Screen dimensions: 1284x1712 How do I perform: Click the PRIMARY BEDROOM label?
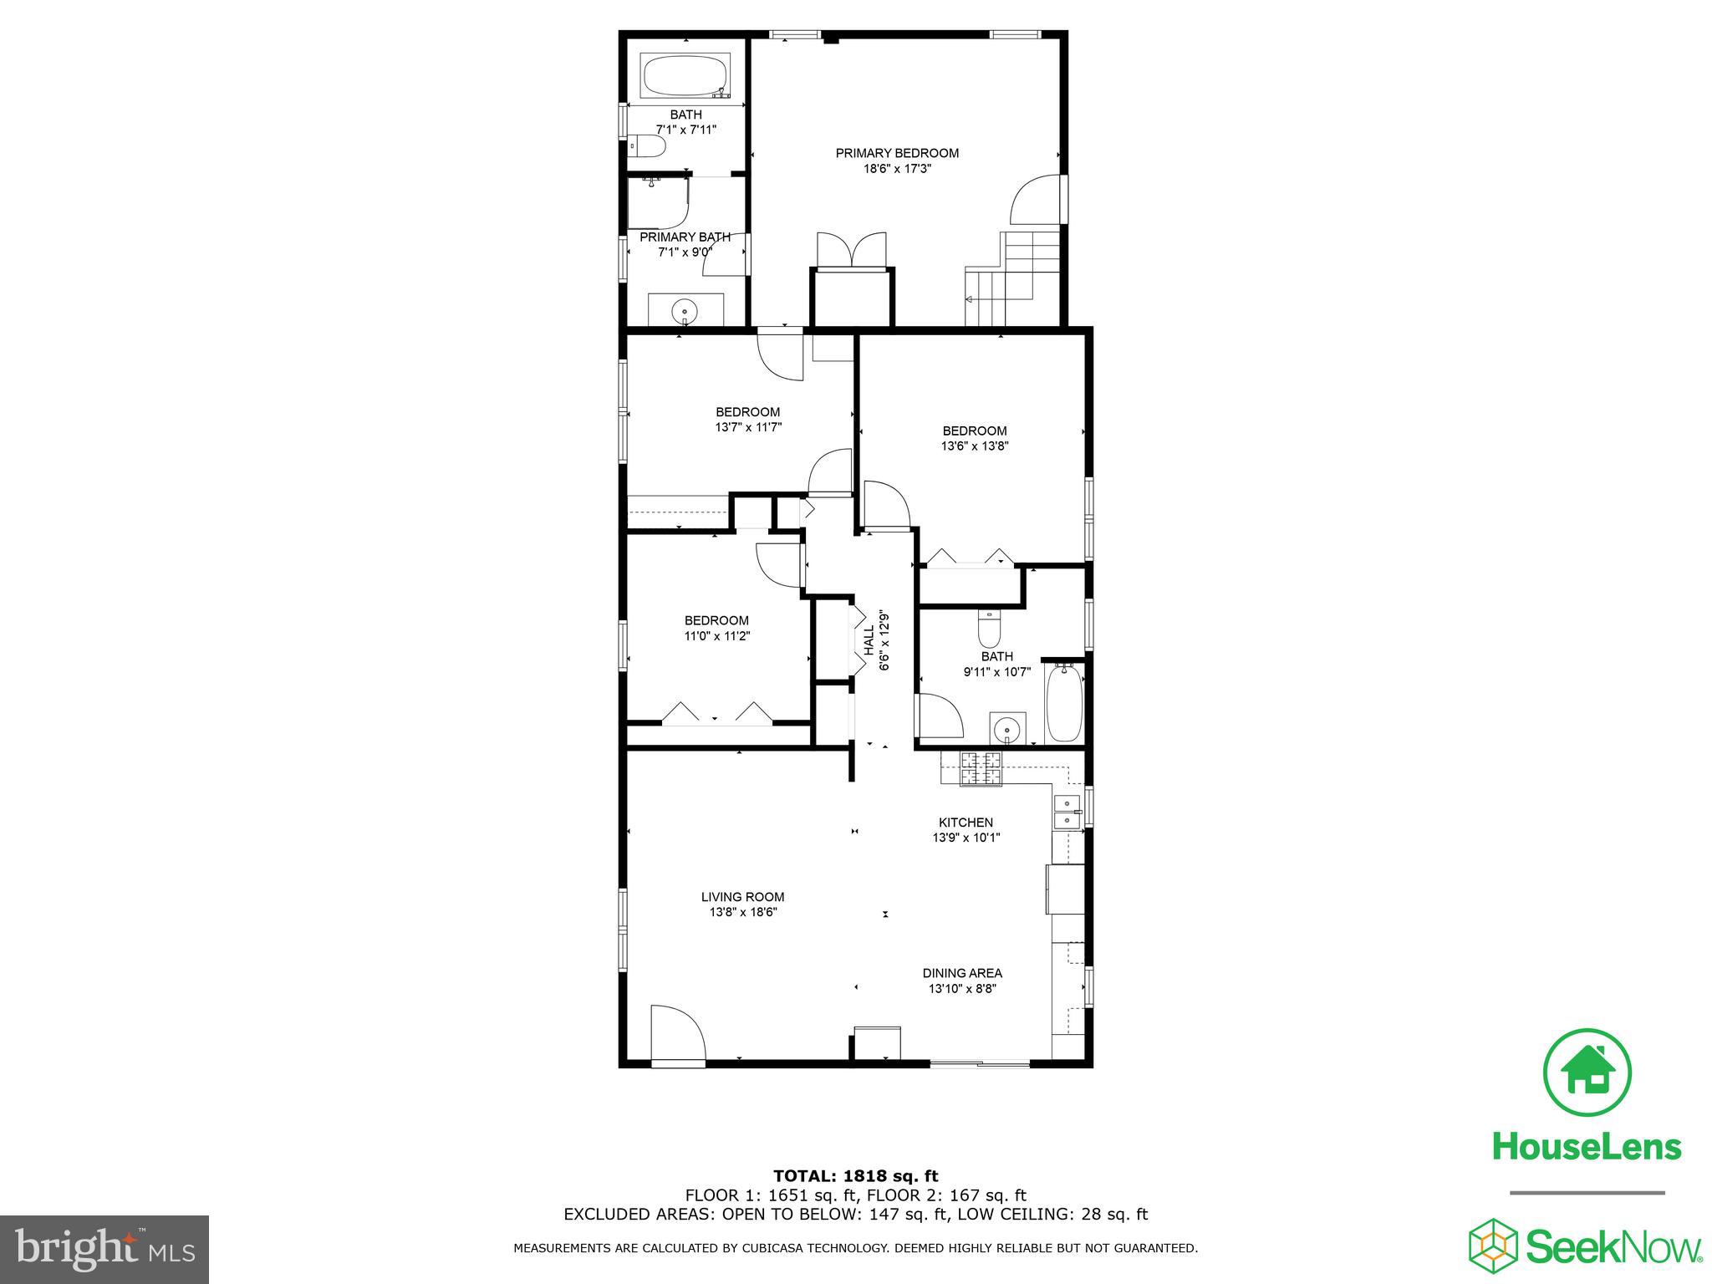click(x=897, y=153)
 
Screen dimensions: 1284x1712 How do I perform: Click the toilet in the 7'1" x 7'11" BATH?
click(x=648, y=148)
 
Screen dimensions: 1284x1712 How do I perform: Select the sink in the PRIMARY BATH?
click(x=685, y=309)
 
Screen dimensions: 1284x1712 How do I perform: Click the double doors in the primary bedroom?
click(x=851, y=250)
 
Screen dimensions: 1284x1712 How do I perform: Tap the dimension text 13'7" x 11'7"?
click(x=748, y=427)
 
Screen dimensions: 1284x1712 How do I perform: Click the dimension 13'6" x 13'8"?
click(x=975, y=446)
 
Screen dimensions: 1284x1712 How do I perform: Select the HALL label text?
click(x=869, y=640)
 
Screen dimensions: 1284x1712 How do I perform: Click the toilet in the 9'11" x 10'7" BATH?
click(x=989, y=629)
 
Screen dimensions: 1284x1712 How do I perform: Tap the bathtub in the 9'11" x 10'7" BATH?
click(x=1064, y=702)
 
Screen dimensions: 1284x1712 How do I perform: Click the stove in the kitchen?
click(x=980, y=769)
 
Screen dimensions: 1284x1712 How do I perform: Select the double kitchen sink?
click(x=1067, y=812)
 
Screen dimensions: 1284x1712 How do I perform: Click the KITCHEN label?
click(x=966, y=823)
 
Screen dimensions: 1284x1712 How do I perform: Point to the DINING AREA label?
click(x=962, y=973)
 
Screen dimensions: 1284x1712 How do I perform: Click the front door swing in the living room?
click(x=675, y=1034)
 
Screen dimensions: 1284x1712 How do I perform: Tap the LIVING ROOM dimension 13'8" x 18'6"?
click(x=742, y=913)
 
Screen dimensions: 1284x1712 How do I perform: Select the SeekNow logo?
click(x=1585, y=1246)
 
